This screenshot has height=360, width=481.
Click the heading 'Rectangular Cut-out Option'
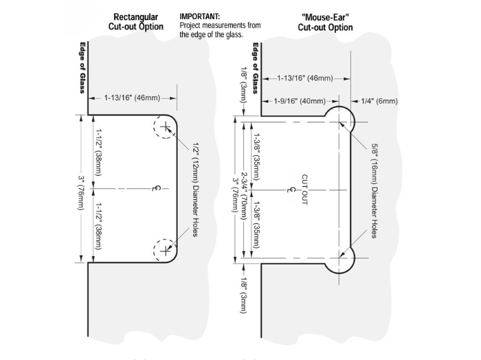[x=136, y=21]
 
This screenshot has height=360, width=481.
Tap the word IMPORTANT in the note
[x=199, y=15]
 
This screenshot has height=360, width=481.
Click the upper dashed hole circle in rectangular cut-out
[x=165, y=128]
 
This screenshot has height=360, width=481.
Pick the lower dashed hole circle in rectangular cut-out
[x=165, y=251]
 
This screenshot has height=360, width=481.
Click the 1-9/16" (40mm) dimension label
[x=300, y=101]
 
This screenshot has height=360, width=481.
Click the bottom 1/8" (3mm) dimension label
[x=244, y=295]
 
